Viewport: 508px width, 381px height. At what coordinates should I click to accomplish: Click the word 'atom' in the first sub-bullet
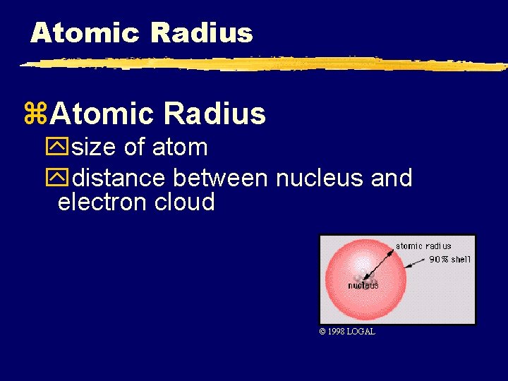180,147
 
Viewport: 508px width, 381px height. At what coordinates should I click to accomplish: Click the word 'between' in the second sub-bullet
222,177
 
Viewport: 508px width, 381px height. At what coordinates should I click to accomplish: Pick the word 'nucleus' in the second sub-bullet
320,177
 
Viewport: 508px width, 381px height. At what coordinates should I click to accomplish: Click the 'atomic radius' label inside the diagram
423,246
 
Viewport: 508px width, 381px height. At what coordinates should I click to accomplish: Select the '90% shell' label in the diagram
449,260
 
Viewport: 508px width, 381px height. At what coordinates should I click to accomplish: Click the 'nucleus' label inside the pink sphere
363,285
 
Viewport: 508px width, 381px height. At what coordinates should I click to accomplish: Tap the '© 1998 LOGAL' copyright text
347,332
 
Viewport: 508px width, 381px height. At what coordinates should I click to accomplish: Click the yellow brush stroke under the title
261,64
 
